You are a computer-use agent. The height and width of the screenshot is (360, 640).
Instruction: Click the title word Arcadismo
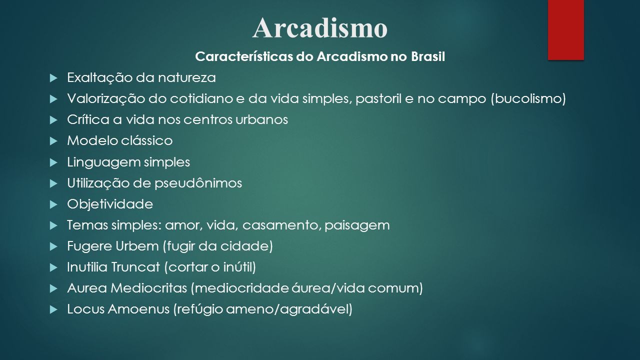pos(319,27)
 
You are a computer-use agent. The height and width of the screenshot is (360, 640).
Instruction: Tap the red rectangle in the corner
pos(565,29)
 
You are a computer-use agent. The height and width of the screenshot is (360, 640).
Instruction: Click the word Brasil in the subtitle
pos(428,56)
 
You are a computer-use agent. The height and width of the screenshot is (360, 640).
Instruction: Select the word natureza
pos(187,77)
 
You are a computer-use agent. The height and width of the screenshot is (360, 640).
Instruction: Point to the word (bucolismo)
pos(528,99)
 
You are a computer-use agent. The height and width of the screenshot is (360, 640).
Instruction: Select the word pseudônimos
pos(198,183)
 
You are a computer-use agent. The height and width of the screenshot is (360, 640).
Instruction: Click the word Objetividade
pos(110,204)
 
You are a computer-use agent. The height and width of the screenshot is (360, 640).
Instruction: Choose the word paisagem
pos(357,225)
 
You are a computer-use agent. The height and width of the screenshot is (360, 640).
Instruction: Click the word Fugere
pos(89,246)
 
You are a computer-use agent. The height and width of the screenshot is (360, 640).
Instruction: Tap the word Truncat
pos(135,267)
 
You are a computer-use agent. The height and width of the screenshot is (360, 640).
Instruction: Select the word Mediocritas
pos(149,288)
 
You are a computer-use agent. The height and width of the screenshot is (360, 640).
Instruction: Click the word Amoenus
pos(138,309)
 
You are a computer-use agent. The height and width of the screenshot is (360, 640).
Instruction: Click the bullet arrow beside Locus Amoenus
pos(53,309)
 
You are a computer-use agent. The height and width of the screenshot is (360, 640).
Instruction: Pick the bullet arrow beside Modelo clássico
pos(53,141)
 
